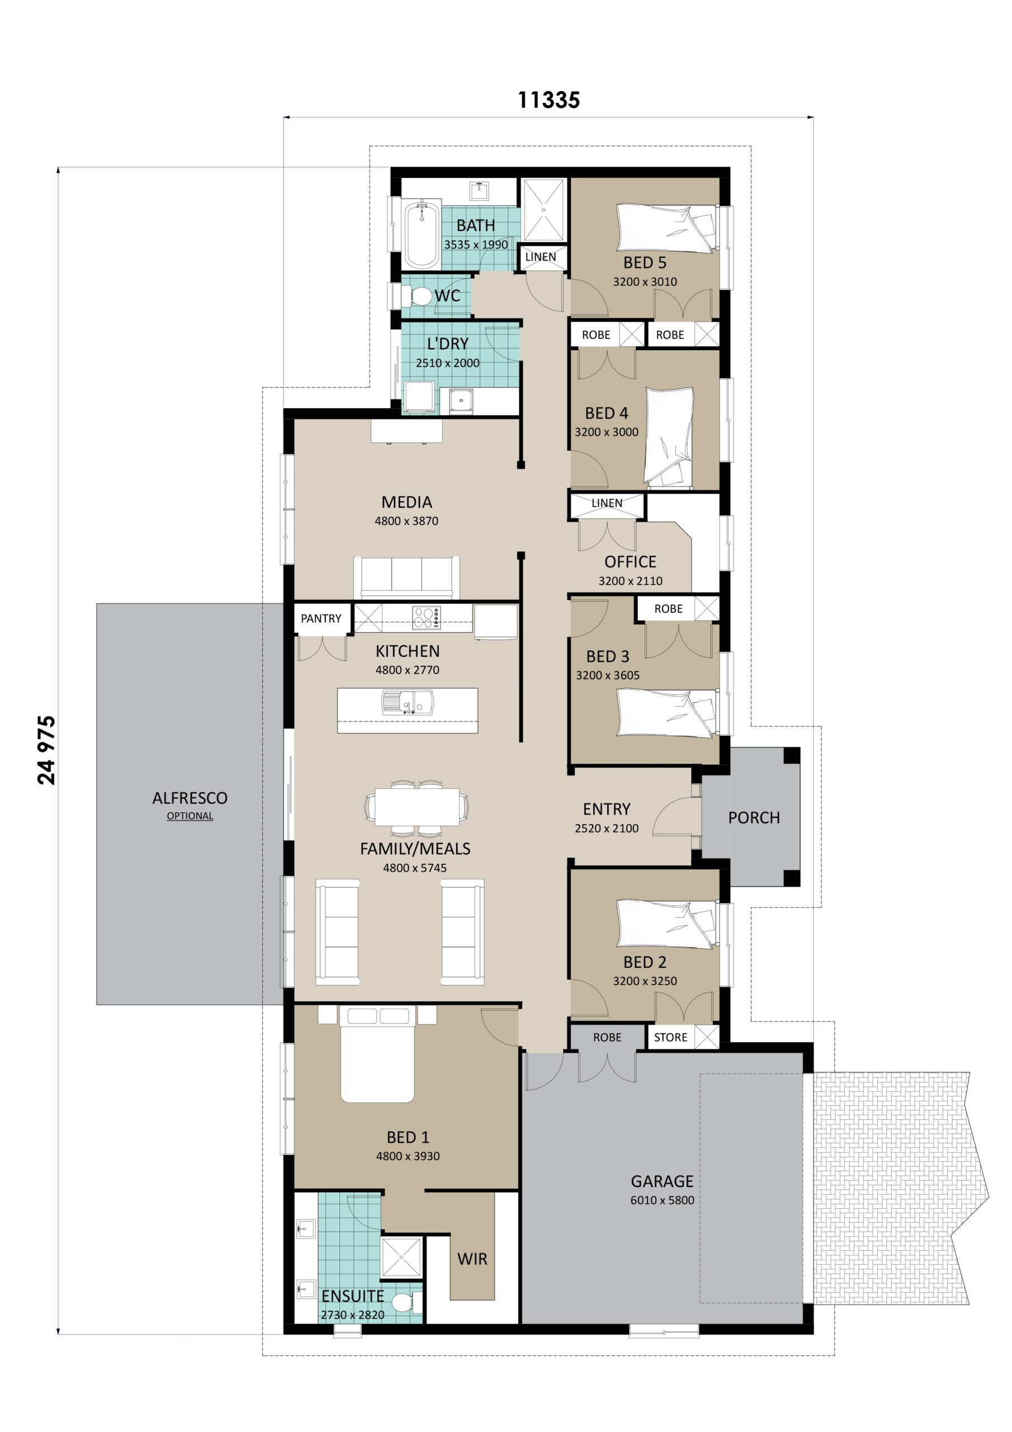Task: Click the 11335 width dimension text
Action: coord(548,100)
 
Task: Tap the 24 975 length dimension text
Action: coord(47,750)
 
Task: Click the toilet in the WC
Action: coord(421,296)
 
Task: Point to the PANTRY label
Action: coord(320,618)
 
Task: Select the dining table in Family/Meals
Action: coord(416,808)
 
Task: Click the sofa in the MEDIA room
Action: coord(406,576)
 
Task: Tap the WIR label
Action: coord(472,1259)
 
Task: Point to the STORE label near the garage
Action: coord(670,1037)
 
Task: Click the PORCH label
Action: coord(753,818)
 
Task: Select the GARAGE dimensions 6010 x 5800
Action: coord(661,1200)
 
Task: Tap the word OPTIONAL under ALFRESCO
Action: coord(190,816)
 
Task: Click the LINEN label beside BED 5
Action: coord(540,257)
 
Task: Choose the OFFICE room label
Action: coord(630,562)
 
